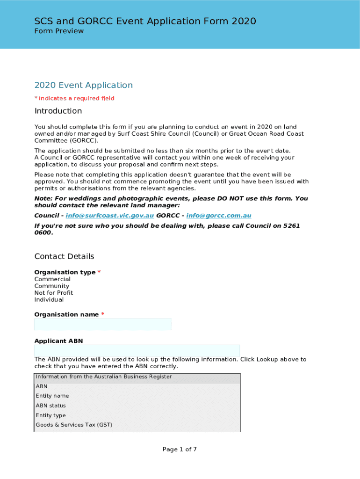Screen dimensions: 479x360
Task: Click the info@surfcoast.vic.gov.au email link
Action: click(110, 216)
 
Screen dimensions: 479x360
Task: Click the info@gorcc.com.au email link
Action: click(219, 216)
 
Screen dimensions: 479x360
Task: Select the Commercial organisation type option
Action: click(52, 279)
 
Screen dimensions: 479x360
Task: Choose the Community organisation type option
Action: click(52, 286)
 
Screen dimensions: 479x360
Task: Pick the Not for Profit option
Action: click(54, 293)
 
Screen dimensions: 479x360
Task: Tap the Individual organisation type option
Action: click(49, 299)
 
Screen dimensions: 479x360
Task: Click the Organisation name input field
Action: click(103, 325)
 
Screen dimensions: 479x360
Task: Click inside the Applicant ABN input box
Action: click(137, 351)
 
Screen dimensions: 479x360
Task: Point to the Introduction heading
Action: click(58, 111)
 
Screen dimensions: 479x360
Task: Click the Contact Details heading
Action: click(65, 256)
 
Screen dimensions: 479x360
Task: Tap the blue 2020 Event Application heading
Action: click(84, 85)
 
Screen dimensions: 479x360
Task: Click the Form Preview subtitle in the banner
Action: click(59, 31)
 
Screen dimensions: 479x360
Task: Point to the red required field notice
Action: click(74, 98)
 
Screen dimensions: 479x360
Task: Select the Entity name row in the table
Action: click(52, 396)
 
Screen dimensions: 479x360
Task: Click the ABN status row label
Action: click(51, 406)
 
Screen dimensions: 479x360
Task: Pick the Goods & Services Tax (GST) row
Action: click(74, 425)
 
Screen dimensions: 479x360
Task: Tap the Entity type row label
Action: click(51, 415)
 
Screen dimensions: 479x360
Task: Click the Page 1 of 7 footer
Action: click(180, 450)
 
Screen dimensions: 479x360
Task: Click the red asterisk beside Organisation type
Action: click(99, 272)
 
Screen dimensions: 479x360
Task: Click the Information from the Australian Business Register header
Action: click(104, 377)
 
